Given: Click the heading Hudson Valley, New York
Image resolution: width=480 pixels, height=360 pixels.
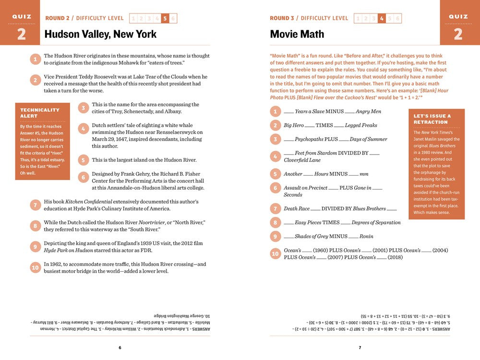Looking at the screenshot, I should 100,34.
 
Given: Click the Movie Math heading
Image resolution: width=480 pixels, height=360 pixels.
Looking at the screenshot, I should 297,34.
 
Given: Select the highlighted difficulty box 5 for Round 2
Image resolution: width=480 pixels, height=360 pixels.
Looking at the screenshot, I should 165,19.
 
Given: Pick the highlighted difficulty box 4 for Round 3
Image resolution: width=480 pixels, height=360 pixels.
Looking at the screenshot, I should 382,19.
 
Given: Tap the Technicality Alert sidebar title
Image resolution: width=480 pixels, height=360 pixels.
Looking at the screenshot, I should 40,113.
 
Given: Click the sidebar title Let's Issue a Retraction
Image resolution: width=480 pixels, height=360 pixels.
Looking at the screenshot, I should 432,119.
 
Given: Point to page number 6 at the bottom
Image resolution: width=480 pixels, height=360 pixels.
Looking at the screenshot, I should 120,348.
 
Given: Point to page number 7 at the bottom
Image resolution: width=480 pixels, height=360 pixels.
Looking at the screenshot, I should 360,348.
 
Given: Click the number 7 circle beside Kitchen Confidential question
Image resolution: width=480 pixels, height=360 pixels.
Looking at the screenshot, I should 35,205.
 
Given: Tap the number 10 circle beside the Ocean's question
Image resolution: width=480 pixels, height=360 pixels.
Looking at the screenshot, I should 275,253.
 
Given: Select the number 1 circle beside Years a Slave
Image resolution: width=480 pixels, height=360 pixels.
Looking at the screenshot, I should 275,112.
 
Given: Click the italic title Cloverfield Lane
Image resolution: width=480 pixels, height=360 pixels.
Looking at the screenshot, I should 302,160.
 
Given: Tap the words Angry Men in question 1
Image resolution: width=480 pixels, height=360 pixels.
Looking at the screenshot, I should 368,112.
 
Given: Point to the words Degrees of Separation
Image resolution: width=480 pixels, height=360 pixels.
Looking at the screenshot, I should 376,223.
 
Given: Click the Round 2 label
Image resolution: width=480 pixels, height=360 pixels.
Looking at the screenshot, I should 57,18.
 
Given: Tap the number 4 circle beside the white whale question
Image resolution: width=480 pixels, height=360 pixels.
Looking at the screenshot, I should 83,129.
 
